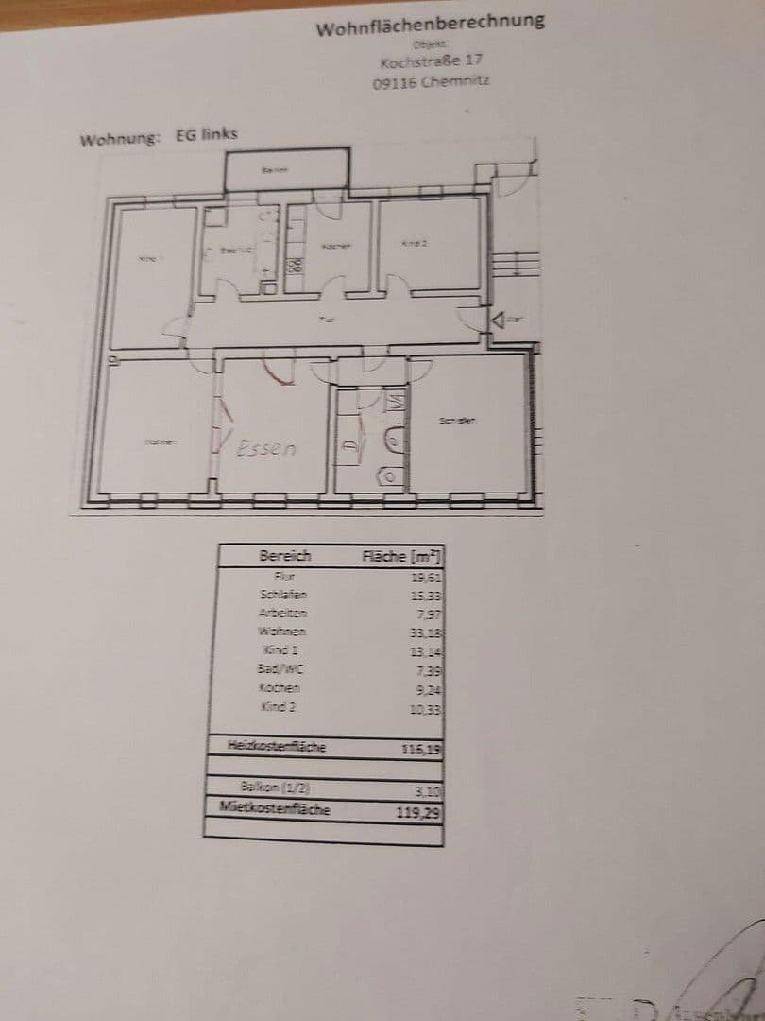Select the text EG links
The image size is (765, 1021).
[207, 134]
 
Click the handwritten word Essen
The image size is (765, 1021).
[266, 448]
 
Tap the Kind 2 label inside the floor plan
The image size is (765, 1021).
[415, 244]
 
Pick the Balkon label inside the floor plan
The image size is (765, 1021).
[274, 170]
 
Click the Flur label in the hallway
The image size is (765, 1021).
[326, 320]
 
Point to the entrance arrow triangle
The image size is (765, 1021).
[497, 320]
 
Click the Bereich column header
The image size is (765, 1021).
[284, 556]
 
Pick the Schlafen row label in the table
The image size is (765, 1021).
[283, 595]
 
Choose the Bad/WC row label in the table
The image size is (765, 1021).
[283, 669]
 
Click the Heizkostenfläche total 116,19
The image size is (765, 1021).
[422, 749]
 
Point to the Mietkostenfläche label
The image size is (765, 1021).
[275, 808]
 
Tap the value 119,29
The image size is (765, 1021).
[422, 810]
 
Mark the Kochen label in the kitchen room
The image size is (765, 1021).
[336, 247]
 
